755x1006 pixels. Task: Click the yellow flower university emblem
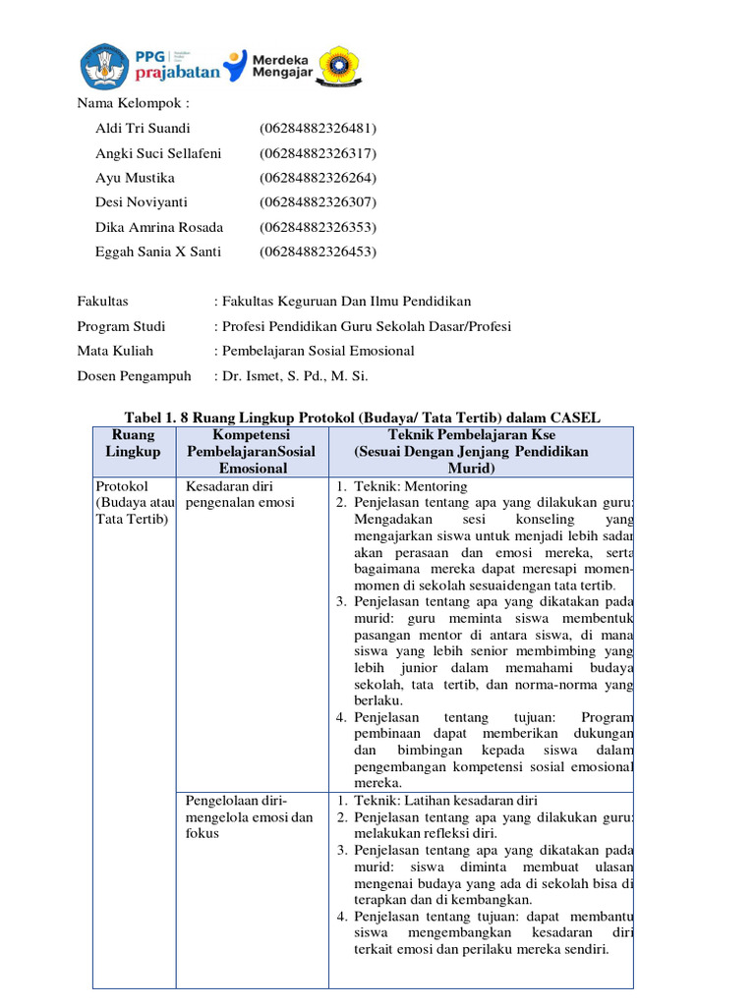pos(342,65)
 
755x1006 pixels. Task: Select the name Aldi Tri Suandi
pos(143,129)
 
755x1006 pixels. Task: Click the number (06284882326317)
pos(318,153)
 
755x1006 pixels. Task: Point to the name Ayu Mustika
pos(135,178)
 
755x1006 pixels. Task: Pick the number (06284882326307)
pos(318,202)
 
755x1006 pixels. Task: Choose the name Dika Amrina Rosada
pos(158,227)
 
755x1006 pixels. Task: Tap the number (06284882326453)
pos(318,251)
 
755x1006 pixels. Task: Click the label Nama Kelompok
pos(132,103)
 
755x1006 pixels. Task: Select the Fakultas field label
pos(102,302)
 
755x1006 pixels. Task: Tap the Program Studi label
pos(121,326)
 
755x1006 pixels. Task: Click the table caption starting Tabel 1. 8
pos(362,419)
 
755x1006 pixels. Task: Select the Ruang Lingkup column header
pos(134,443)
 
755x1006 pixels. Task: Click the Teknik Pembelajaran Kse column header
pos(471,443)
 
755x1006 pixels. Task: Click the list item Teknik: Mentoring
pos(410,486)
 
